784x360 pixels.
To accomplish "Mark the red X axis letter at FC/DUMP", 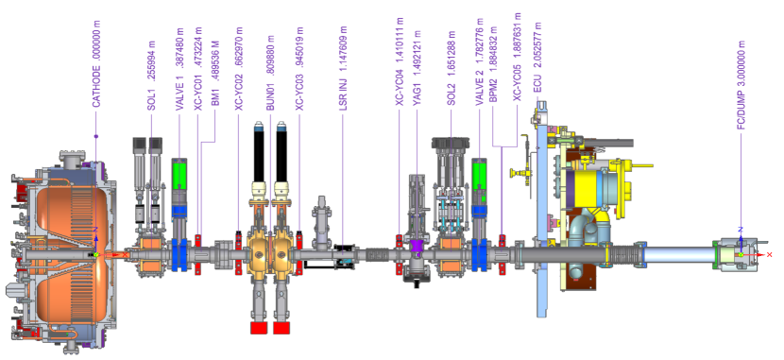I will (769, 255).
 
